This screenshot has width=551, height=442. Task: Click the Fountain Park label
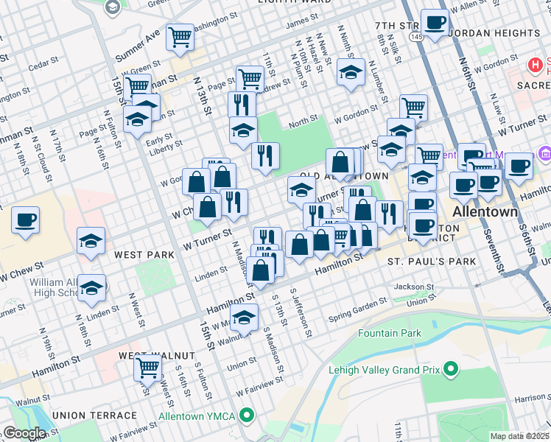(x=390, y=333)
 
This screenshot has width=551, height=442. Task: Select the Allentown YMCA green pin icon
(x=248, y=417)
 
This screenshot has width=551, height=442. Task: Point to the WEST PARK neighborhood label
(x=144, y=255)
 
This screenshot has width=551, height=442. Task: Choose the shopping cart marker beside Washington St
(x=180, y=37)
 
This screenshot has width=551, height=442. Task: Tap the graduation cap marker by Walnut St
(x=244, y=318)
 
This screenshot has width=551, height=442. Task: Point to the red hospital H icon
(x=536, y=66)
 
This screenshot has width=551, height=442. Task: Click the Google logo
(x=24, y=433)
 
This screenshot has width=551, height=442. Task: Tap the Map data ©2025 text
(x=519, y=436)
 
